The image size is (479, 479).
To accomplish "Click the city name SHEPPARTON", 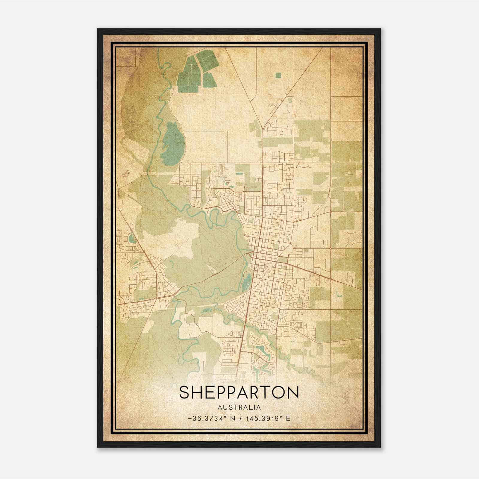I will (239, 392).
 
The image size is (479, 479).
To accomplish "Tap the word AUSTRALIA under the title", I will (239, 407).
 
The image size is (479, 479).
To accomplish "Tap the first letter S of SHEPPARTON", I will (185, 392).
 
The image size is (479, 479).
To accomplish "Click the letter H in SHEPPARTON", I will (198, 392).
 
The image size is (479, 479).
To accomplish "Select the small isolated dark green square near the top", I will (278, 75).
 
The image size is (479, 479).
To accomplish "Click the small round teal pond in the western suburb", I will (131, 239).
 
